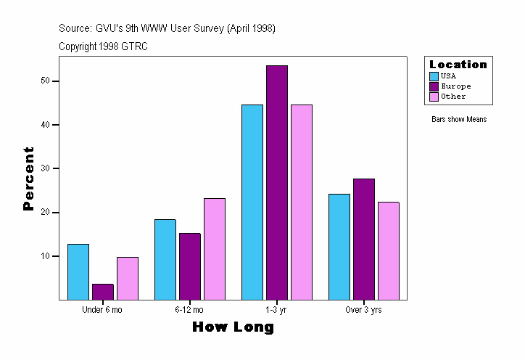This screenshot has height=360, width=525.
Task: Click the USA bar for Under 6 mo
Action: (78, 271)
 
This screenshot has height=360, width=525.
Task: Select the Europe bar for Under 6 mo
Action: (103, 291)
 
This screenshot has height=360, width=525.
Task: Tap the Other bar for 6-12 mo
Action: (215, 249)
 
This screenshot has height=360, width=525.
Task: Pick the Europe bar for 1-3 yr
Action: (277, 182)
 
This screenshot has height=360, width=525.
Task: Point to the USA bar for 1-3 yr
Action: (252, 202)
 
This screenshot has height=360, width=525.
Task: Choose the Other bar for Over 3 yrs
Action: (388, 250)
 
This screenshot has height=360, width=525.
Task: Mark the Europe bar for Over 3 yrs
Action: (363, 239)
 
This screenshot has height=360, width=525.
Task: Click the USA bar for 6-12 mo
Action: (165, 259)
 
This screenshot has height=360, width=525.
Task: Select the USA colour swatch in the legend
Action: (434, 76)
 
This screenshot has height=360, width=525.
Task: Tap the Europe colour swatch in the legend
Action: (434, 86)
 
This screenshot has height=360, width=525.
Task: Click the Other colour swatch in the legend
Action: (434, 97)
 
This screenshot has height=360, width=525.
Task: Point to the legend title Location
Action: (458, 65)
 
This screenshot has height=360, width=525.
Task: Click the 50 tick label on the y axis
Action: (45, 81)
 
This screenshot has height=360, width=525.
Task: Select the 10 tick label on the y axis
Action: (45, 256)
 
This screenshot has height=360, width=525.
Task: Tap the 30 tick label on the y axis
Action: (45, 168)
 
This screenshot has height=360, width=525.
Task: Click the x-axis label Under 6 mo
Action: (102, 310)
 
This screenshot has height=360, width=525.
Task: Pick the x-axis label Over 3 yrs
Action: (363, 310)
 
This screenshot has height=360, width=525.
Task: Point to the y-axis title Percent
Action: (28, 179)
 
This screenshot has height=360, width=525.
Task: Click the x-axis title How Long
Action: (233, 327)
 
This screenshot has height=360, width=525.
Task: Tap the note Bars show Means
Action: (459, 119)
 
